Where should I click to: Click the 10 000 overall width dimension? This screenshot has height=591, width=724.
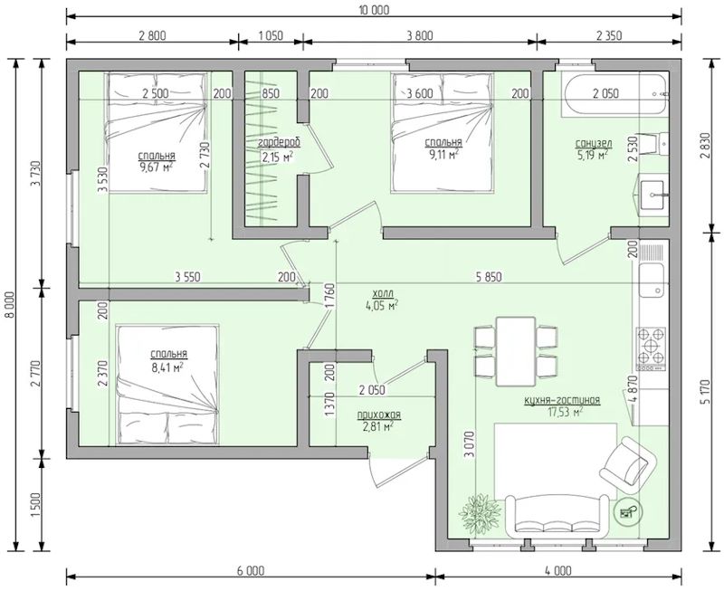[374, 10]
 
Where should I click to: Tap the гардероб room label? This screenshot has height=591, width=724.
[280, 142]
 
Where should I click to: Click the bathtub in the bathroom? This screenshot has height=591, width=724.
[615, 94]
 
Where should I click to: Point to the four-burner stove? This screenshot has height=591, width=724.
[652, 348]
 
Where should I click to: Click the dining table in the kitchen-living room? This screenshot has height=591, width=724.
[516, 351]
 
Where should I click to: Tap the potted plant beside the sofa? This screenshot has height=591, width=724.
[481, 514]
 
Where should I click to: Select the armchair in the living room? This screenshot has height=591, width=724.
[627, 465]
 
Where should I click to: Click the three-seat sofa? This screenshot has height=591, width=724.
[557, 516]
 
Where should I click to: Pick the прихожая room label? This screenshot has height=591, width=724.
[379, 415]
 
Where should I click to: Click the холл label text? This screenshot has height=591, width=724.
[382, 293]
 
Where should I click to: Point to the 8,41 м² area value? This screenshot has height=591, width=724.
[167, 367]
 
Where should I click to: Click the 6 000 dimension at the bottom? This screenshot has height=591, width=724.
[251, 571]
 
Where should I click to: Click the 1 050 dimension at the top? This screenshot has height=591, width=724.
[271, 35]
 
